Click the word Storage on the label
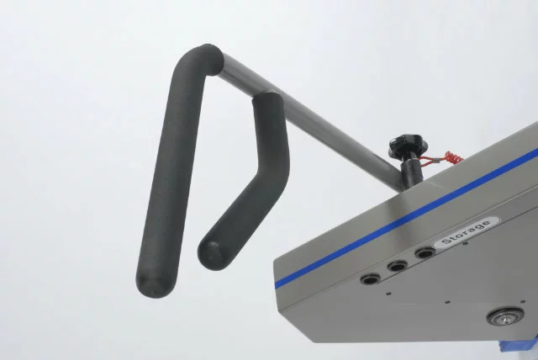(466, 232)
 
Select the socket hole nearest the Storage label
(425, 254)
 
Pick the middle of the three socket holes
(398, 266)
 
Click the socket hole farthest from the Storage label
(370, 278)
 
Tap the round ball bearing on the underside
(506, 315)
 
